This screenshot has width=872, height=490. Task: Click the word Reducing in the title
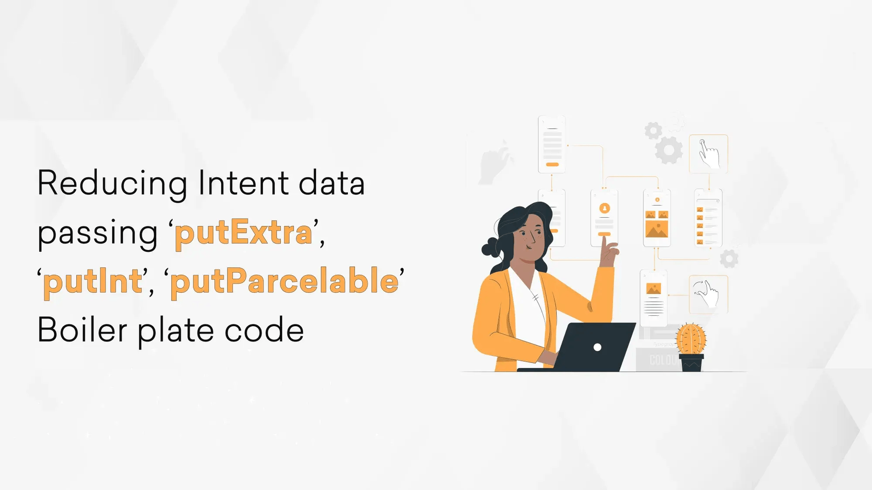(112, 183)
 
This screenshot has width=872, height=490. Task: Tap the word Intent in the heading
(243, 183)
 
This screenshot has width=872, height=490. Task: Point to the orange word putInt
(93, 281)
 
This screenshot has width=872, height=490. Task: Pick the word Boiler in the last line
(82, 330)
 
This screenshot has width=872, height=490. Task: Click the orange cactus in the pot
(691, 338)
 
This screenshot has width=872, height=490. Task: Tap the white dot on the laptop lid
(598, 347)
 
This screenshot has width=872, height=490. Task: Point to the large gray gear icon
(669, 150)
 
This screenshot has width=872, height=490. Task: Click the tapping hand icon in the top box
(708, 154)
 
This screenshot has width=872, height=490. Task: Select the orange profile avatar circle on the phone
(604, 208)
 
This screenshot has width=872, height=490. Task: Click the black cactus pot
(691, 363)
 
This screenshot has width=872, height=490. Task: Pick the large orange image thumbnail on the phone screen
(657, 229)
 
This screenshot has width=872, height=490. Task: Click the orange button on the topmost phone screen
(552, 164)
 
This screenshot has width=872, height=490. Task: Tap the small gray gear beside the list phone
(729, 259)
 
